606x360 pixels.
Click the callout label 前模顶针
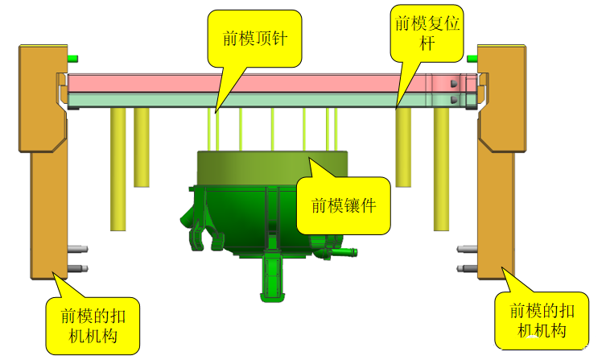(x=255, y=38)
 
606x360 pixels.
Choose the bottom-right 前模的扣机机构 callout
(x=537, y=320)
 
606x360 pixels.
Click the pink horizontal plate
(x=241, y=83)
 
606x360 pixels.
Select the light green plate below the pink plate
(x=241, y=100)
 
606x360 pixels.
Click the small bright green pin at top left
(x=73, y=58)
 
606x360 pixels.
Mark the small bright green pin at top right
(x=472, y=58)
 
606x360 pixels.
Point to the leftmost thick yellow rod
(x=118, y=169)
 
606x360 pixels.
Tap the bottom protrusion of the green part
(x=274, y=278)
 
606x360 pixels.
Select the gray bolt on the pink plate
(x=454, y=83)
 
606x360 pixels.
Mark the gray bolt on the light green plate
(x=454, y=100)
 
